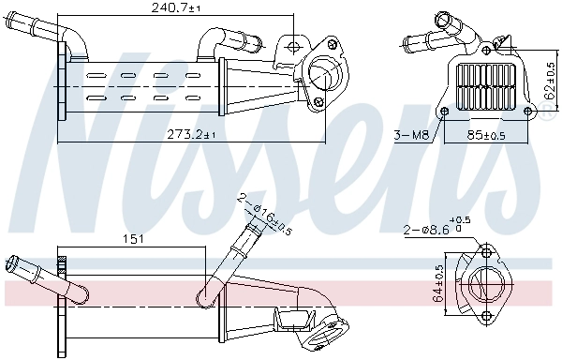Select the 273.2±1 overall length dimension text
pyautogui.click(x=192, y=135)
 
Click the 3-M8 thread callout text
pyautogui.click(x=411, y=136)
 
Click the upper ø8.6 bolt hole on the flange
pyautogui.click(x=485, y=251)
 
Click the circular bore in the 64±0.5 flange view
pyautogui.click(x=485, y=282)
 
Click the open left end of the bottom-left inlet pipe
pyautogui.click(x=11, y=264)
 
